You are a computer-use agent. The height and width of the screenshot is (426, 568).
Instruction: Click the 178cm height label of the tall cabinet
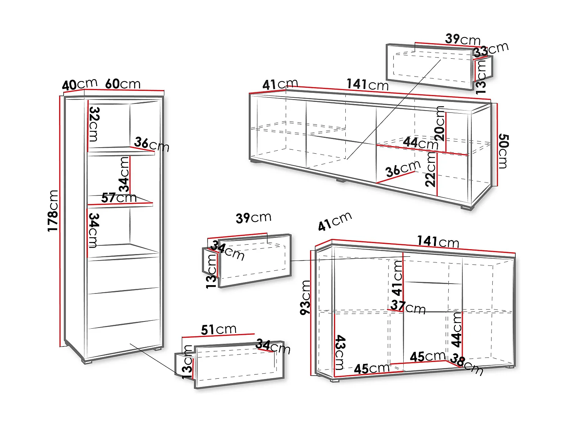[x=53, y=211]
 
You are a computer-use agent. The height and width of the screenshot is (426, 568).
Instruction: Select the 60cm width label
[x=123, y=84]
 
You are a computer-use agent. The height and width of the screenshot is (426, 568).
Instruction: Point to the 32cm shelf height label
[x=94, y=124]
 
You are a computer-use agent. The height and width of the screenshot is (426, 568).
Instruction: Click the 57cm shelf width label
[x=119, y=198]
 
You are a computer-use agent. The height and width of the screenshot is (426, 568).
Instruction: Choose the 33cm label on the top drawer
[x=491, y=50]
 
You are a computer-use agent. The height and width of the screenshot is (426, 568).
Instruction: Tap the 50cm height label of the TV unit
[x=503, y=151]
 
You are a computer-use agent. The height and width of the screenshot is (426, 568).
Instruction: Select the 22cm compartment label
[x=431, y=169]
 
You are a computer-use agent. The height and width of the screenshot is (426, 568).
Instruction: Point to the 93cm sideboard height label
[x=305, y=298]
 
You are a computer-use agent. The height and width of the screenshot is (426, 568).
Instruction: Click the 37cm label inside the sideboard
[x=408, y=307]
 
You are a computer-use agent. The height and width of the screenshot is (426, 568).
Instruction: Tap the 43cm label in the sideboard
[x=340, y=353]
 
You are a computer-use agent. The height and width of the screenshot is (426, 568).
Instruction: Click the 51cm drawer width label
[x=218, y=330]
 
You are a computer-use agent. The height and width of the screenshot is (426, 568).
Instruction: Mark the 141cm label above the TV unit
[x=367, y=84]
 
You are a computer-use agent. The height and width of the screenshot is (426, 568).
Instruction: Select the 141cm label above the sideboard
[x=438, y=242]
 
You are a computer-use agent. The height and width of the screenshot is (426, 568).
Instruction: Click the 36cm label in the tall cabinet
[x=151, y=145]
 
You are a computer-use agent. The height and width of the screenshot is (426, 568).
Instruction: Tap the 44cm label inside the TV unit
[x=421, y=143]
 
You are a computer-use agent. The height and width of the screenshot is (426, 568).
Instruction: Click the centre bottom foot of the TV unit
[x=341, y=180]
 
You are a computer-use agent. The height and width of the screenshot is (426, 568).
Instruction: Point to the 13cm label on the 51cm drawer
[x=187, y=362]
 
